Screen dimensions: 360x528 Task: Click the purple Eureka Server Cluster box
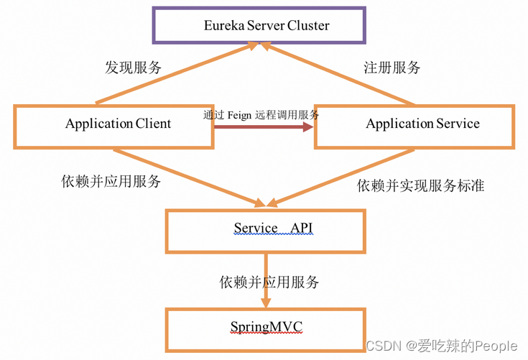click(266, 25)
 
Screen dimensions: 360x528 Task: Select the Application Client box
click(114, 125)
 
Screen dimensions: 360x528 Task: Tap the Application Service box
click(415, 125)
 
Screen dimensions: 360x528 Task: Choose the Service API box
click(266, 230)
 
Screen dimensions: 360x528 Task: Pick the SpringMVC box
click(266, 328)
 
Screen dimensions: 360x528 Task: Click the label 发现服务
click(133, 68)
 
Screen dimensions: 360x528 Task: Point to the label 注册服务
click(392, 68)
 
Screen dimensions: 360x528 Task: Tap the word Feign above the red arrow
click(244, 114)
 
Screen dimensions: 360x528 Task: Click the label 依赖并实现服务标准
click(420, 185)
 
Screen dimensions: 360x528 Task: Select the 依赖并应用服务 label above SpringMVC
click(269, 282)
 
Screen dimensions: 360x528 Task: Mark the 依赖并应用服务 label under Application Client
click(111, 181)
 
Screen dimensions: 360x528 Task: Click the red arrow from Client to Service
click(264, 127)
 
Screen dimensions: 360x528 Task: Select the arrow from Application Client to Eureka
click(176, 73)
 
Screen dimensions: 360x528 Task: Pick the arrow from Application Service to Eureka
click(338, 73)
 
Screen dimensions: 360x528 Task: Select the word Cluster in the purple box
click(308, 25)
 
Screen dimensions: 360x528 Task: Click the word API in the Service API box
click(302, 229)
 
